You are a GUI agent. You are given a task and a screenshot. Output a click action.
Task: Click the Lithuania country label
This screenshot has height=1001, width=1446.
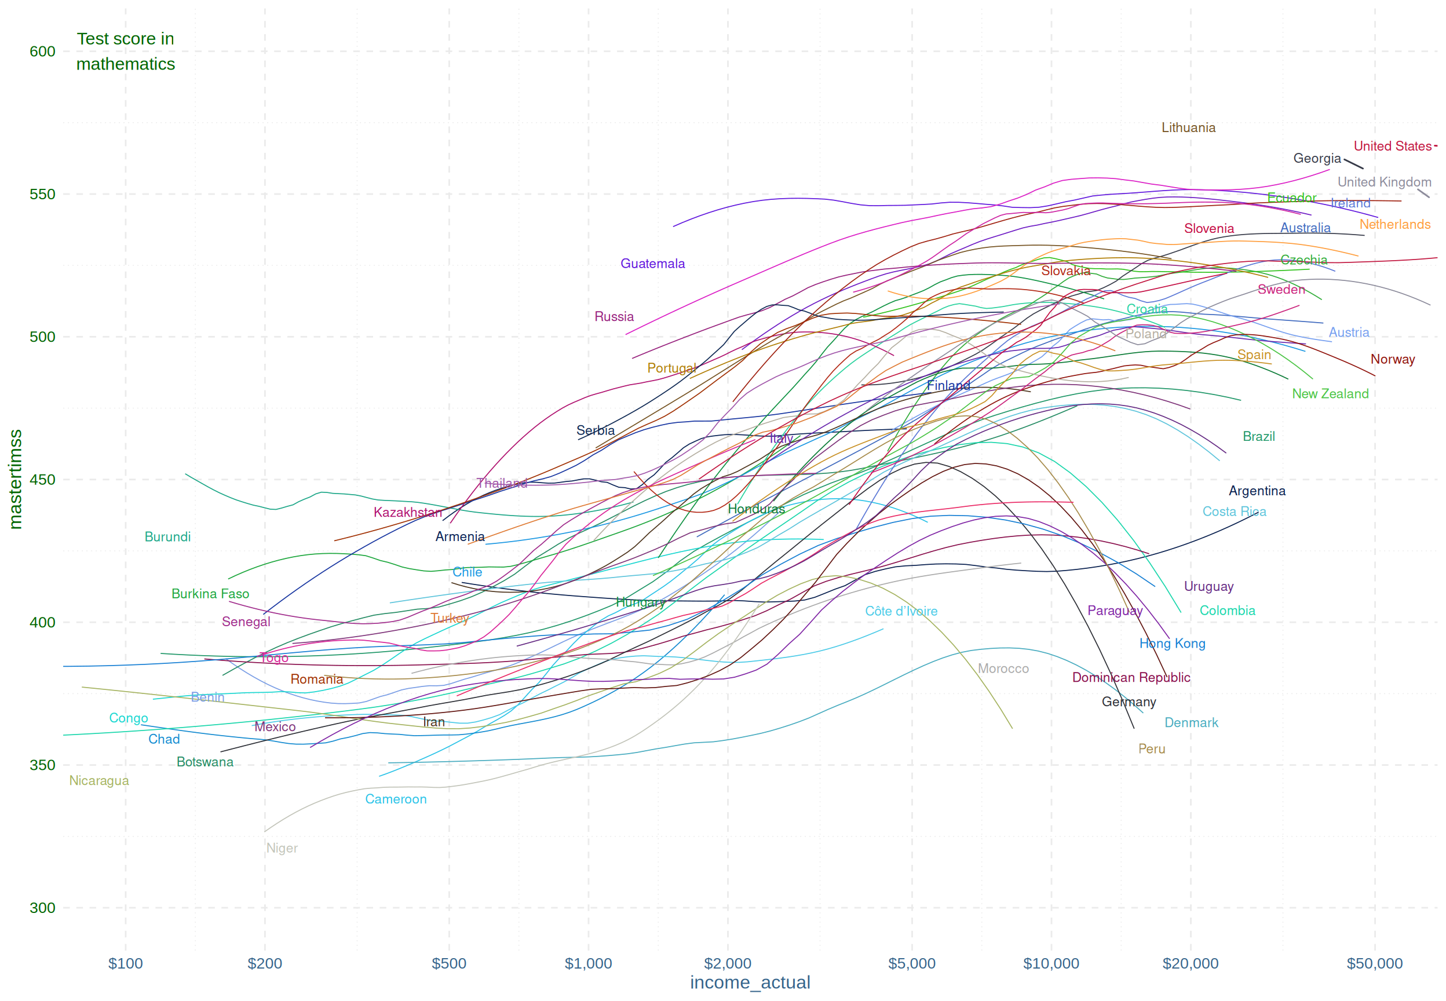[1188, 128]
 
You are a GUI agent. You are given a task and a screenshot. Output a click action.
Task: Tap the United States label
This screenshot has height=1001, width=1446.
[1392, 146]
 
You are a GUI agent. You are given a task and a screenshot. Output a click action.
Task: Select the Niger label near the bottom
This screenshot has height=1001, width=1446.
[282, 848]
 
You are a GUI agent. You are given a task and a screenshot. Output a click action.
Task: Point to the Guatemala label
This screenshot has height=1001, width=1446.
[652, 264]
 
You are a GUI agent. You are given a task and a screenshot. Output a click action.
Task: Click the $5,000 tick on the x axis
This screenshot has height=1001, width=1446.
[911, 963]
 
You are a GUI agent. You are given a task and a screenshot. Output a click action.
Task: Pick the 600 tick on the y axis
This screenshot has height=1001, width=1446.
[42, 52]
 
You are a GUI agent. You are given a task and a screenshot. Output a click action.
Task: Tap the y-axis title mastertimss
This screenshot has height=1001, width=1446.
[15, 479]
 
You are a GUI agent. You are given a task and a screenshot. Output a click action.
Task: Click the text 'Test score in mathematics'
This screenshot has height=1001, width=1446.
[125, 52]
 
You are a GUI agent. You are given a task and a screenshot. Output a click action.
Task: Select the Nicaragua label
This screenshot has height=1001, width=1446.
[98, 780]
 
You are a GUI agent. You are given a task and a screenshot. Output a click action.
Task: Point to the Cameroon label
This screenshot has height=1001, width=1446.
[396, 799]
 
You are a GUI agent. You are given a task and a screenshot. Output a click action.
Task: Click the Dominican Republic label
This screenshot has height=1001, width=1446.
[1131, 677]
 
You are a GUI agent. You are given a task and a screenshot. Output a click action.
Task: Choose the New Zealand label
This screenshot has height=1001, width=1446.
[1330, 394]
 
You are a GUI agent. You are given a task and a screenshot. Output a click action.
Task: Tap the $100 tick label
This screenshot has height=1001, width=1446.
[125, 963]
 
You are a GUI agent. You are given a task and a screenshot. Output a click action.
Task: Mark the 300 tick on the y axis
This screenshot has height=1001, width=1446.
[42, 908]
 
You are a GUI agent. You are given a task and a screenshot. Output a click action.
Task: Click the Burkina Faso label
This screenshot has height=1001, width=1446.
[210, 594]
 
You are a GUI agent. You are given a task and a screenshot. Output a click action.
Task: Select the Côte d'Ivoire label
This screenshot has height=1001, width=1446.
[901, 611]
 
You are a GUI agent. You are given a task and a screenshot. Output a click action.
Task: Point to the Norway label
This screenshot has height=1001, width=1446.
[1392, 359]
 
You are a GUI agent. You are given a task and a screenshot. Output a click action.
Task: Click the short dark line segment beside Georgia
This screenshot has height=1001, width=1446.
[1353, 164]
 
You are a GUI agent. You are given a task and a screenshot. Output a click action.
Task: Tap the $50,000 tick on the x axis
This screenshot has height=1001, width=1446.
[1374, 963]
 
